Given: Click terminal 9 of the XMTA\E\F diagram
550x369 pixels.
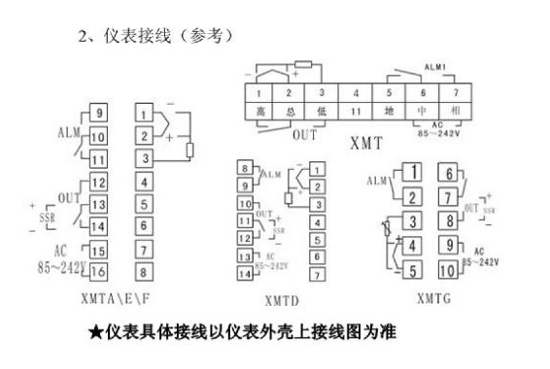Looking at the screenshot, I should point(98,114).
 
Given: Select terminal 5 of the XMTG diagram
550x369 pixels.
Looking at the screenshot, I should point(413,270).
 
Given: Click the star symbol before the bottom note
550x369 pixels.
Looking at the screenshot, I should point(95,333).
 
